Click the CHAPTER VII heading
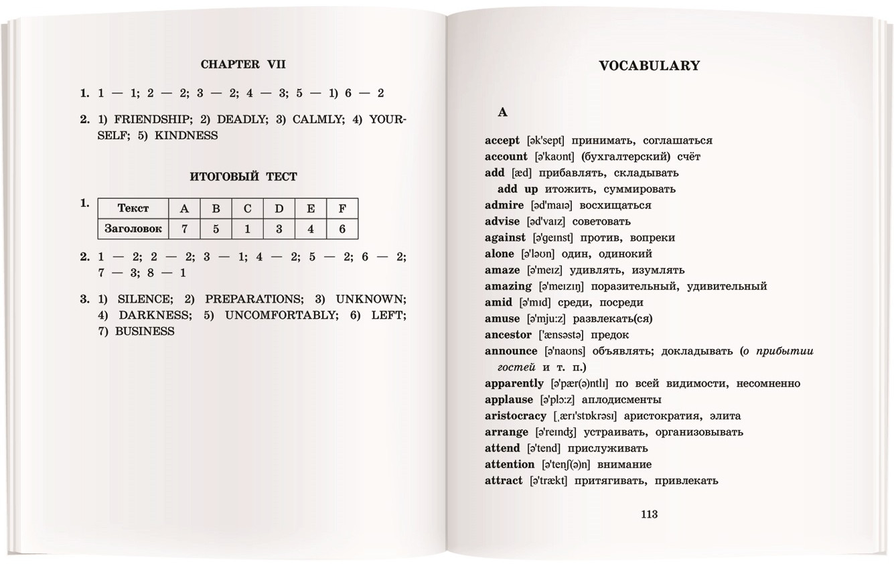pos(243,64)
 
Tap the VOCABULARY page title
pos(649,66)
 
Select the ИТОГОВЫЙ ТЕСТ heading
pos(243,177)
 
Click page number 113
pos(649,514)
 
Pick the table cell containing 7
pos(184,228)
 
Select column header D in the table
pos(279,208)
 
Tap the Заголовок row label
pos(133,228)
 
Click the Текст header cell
pos(133,208)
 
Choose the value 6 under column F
pos(342,228)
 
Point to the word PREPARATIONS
pos(253,299)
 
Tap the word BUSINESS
pos(145,331)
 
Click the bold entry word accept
pos(502,141)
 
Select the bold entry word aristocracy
pos(516,416)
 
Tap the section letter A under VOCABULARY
pos(502,112)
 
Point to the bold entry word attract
pos(504,481)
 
